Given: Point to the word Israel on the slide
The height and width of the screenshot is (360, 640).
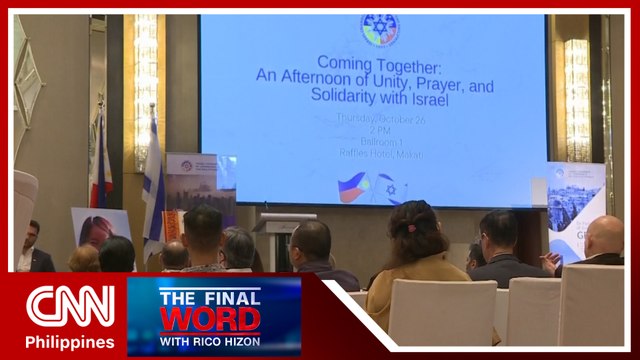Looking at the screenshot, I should click(x=421, y=102).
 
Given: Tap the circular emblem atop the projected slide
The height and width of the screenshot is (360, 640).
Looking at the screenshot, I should click(x=378, y=29).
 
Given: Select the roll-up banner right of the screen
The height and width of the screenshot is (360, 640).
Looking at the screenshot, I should click(x=575, y=210).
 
